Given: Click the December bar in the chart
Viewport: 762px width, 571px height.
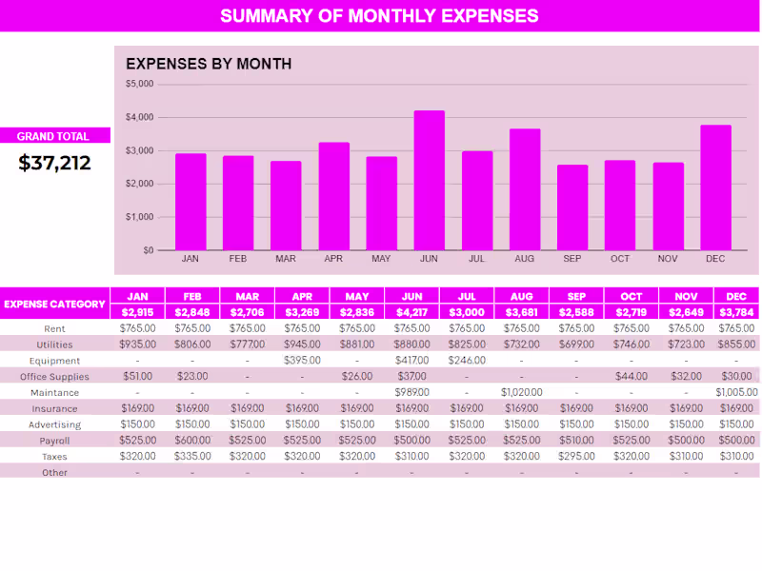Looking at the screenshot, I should pos(715,187).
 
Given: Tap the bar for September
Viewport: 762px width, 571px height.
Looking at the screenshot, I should pos(572,207).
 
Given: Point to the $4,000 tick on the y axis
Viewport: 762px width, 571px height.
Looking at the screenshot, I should pos(140,117).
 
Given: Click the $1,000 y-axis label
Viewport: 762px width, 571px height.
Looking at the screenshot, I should pos(140,217).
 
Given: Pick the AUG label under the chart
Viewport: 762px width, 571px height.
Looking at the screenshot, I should pos(524,259).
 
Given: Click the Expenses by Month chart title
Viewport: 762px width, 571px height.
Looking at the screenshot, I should pos(209,64).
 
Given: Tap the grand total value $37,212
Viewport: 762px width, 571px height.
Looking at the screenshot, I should pos(55,163).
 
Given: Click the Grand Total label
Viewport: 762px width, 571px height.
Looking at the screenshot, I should pos(53,136).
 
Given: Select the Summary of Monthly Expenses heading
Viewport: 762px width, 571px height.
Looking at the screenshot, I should pos(379,16).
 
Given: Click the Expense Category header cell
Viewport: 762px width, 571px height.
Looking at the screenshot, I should pos(54,305).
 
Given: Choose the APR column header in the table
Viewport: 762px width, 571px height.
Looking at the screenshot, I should pos(302,296).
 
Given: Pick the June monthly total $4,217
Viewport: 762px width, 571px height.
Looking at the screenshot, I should pos(411,312).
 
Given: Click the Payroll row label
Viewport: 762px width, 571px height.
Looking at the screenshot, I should pos(54,441).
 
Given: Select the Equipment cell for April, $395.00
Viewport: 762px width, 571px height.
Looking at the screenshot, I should pos(302,361).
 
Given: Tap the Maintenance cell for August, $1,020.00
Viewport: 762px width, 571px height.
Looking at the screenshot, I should pos(521,392).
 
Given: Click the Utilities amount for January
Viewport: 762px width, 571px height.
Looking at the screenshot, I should pos(138,345).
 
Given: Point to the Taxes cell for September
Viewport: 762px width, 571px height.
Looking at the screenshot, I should pos(576,457).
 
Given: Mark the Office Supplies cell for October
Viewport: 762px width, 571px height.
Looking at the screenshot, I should pos(631,377).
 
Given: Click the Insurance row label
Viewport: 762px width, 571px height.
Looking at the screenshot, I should pos(54,408).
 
